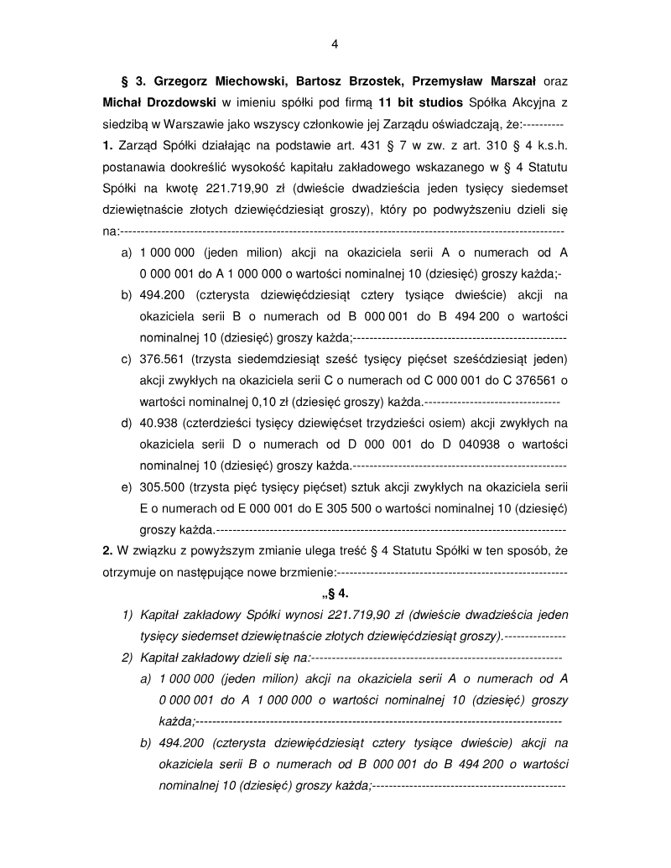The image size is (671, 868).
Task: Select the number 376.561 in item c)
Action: pyautogui.click(x=161, y=359)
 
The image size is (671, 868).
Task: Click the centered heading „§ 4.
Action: pyautogui.click(x=334, y=593)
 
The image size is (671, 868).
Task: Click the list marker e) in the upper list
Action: pyautogui.click(x=127, y=486)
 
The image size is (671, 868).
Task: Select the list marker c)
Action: pyautogui.click(x=127, y=359)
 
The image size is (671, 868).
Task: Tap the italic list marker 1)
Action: pyautogui.click(x=127, y=615)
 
